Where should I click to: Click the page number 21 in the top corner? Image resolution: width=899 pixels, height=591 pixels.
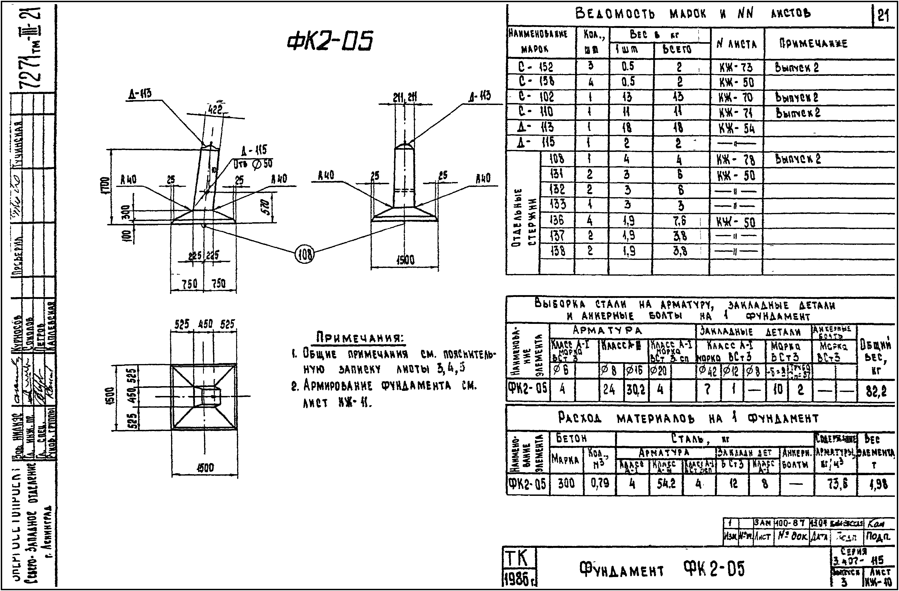pyautogui.click(x=883, y=16)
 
